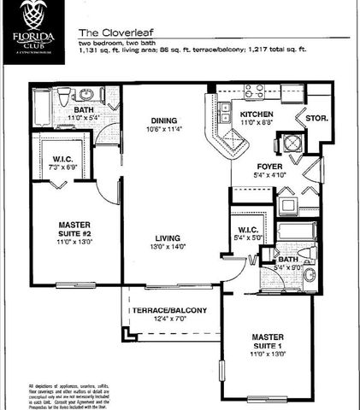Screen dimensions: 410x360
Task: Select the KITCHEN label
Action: (257, 114)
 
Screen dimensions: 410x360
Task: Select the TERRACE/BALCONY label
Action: (171, 309)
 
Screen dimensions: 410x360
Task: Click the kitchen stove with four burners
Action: (254, 90)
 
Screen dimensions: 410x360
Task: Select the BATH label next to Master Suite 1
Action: (287, 258)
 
